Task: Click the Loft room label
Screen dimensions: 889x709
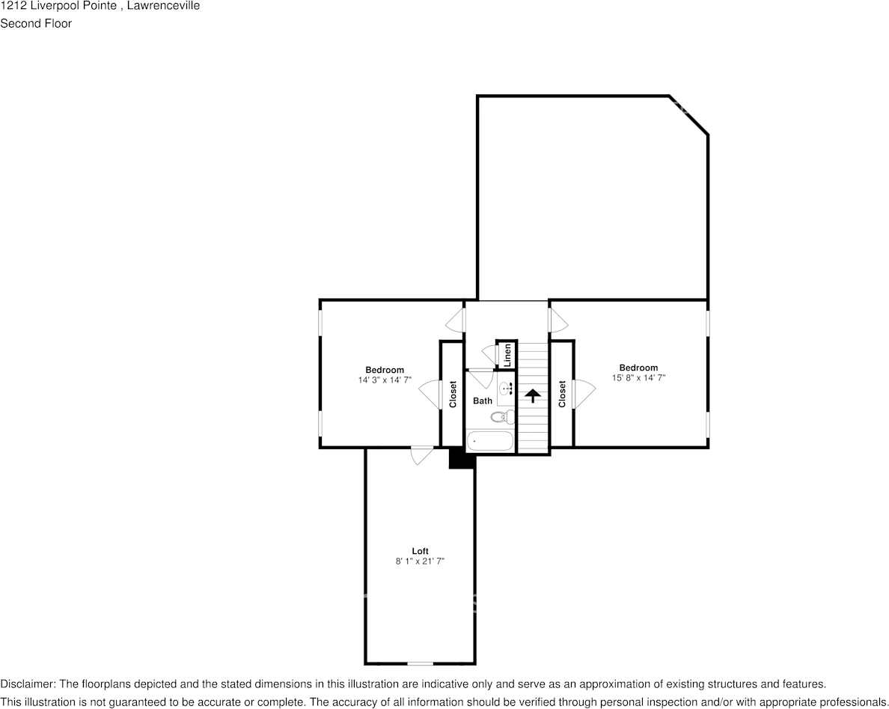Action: tap(420, 551)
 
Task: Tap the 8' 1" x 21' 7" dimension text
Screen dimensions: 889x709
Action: tap(420, 562)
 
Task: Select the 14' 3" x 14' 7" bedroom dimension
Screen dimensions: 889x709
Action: tap(385, 380)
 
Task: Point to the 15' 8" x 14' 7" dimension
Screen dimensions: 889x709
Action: tap(638, 378)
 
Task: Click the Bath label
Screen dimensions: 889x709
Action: tap(483, 401)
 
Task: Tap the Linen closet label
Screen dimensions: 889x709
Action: tap(508, 355)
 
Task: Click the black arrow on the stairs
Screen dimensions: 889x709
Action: tap(532, 395)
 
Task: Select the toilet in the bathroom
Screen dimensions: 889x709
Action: tap(502, 418)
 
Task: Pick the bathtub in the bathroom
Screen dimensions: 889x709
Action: tap(490, 441)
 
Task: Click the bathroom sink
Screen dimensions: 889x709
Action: tap(506, 389)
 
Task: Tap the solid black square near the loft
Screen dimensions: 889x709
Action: tap(462, 458)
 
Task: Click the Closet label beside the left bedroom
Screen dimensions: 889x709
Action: tap(453, 394)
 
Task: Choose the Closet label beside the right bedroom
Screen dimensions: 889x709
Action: tap(562, 394)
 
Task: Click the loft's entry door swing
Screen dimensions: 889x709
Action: tap(421, 455)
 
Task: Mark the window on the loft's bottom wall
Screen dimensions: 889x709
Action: tap(420, 663)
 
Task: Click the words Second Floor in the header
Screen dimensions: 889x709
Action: tap(36, 24)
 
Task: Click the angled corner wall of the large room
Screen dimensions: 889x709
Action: tap(689, 115)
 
